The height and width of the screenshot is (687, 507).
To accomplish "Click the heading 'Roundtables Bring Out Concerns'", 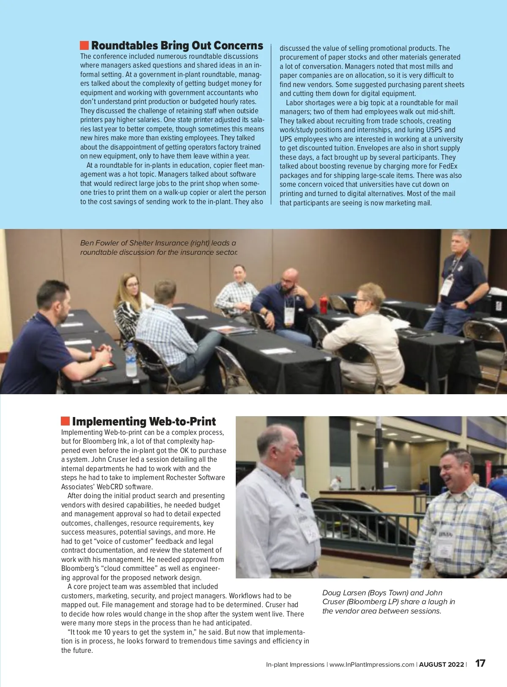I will pos(177,46).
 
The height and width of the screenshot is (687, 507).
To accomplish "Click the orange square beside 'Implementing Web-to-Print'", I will pos(65,421).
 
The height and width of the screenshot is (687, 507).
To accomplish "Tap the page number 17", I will pos(480,663).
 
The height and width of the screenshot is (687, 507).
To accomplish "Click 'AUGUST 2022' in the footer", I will pos(441,665).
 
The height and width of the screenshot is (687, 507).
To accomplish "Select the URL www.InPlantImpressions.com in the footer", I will pos(372,665).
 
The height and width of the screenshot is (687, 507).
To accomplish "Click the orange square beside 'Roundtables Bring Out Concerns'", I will pos(84,45).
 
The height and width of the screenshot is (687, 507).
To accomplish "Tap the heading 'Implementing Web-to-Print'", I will pos(144,422).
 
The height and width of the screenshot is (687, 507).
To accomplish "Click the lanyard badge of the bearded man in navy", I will pos(289,314).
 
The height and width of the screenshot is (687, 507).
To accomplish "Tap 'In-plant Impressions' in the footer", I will pos(295,665).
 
